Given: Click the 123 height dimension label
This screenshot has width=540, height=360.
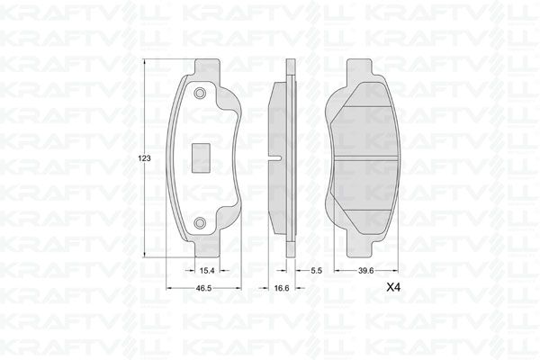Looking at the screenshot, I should (145, 158).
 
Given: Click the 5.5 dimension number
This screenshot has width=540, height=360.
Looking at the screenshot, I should (316, 270).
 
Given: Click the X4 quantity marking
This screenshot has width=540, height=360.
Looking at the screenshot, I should (393, 288).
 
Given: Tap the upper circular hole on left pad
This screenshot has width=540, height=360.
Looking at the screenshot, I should (200, 94).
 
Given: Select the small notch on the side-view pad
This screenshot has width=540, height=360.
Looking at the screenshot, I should (274, 158).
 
